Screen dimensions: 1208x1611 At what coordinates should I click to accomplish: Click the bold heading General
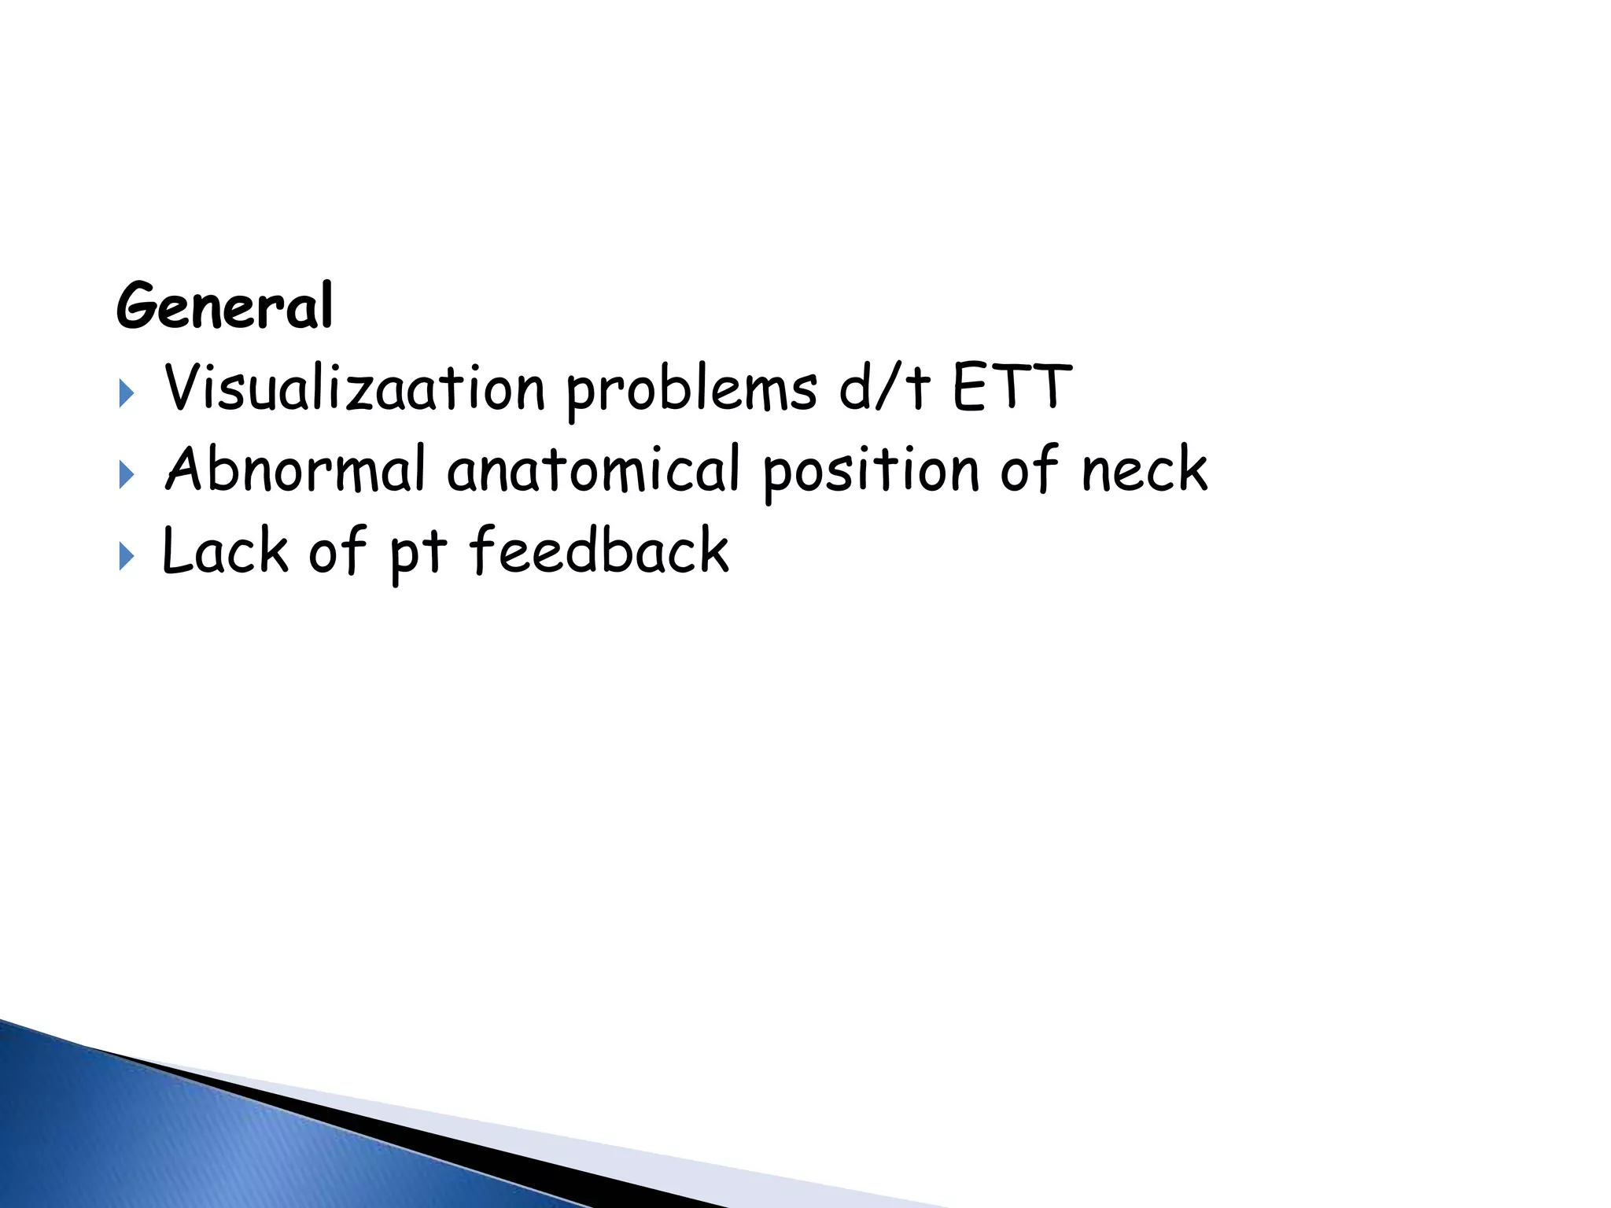click(225, 307)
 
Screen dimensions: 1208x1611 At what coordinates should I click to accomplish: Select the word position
click(870, 471)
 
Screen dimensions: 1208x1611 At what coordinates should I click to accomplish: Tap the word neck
click(1145, 470)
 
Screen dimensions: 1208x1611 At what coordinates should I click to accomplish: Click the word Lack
click(225, 551)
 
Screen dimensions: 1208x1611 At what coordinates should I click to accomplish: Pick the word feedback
click(599, 550)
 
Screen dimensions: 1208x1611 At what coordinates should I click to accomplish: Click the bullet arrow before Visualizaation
click(126, 394)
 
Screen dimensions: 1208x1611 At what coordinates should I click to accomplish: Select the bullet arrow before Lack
click(126, 557)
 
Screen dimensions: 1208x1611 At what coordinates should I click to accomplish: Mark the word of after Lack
click(337, 550)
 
